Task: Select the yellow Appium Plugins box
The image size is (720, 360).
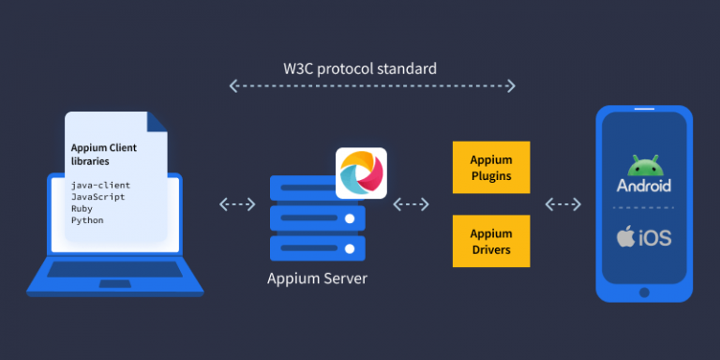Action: click(x=491, y=166)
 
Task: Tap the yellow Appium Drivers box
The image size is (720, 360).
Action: click(x=491, y=240)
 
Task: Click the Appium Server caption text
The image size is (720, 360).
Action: click(x=317, y=277)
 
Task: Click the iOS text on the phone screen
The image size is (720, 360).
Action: click(x=654, y=237)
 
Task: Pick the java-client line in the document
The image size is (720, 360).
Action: click(x=100, y=186)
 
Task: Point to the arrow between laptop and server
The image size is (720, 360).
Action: click(x=236, y=203)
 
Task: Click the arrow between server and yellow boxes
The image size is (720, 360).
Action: click(x=412, y=203)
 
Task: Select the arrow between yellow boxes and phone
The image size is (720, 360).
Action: click(x=563, y=203)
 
